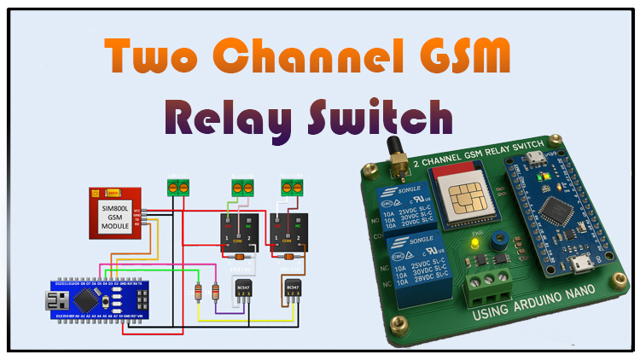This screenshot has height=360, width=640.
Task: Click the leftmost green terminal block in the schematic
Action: point(177,187)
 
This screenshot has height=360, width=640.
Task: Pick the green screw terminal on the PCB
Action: point(488,286)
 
